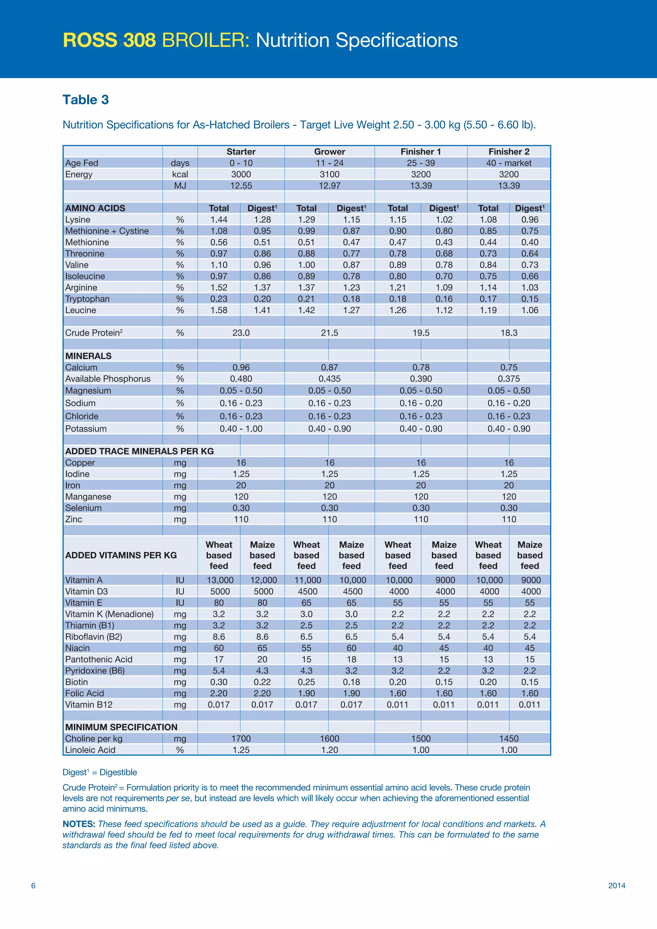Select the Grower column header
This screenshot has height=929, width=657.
click(329, 152)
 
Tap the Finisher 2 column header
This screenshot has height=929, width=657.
click(508, 152)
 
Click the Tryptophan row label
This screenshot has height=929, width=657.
click(87, 299)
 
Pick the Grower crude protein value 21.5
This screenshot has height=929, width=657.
click(329, 333)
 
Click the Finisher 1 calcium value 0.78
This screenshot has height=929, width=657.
click(421, 367)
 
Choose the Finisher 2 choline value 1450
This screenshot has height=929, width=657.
click(508, 739)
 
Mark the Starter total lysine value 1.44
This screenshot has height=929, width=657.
click(219, 220)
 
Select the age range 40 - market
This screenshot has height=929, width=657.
click(508, 163)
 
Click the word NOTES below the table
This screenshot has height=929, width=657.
click(79, 824)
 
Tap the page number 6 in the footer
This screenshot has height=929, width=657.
click(33, 886)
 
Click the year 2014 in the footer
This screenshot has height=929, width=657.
click(617, 886)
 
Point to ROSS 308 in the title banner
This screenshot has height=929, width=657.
click(109, 40)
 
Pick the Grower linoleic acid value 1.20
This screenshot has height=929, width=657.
click(329, 750)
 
